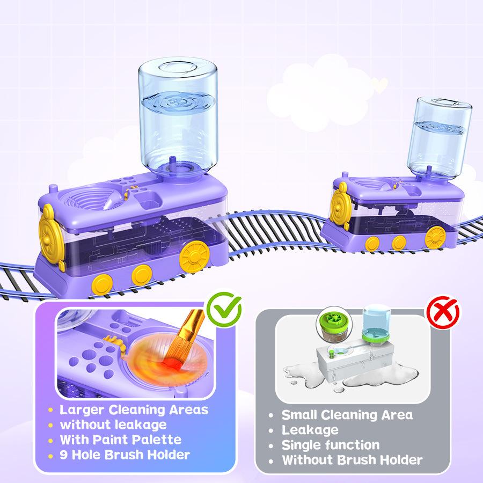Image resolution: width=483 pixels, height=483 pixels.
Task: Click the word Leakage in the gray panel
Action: pyautogui.click(x=310, y=430)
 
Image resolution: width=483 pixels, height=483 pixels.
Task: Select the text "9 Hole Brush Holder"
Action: pyautogui.click(x=125, y=455)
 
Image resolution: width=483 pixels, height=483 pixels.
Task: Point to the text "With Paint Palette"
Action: pyautogui.click(x=120, y=440)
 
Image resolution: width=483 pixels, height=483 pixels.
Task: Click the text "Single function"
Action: pyautogui.click(x=331, y=445)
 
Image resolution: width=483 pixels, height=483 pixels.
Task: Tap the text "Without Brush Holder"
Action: pyautogui.click(x=352, y=460)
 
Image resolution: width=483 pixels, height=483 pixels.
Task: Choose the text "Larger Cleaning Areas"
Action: pyautogui.click(x=134, y=410)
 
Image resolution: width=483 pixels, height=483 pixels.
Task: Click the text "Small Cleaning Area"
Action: pyautogui.click(x=347, y=415)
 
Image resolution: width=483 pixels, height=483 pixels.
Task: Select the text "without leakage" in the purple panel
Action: pyautogui.click(x=113, y=425)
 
